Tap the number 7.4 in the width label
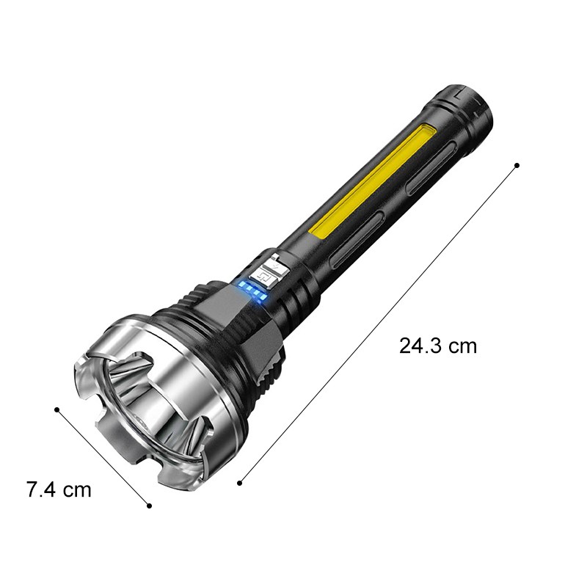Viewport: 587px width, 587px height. pyautogui.click(x=42, y=489)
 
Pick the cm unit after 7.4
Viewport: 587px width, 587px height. pyautogui.click(x=77, y=491)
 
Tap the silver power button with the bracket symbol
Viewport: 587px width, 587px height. pyautogui.click(x=263, y=278)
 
